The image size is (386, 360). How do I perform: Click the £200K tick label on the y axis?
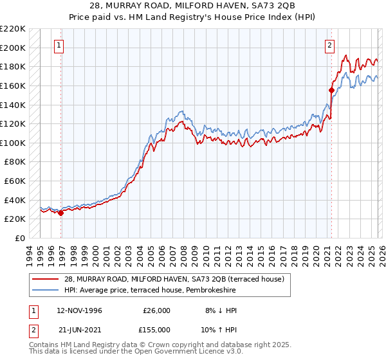pyautogui.click(x=13, y=48)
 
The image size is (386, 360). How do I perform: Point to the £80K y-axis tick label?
pyautogui.click(x=15, y=162)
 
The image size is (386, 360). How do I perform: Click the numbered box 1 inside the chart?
pyautogui.click(x=59, y=46)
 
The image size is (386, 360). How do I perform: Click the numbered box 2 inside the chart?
pyautogui.click(x=329, y=46)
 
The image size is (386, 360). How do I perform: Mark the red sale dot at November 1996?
pyautogui.click(x=61, y=213)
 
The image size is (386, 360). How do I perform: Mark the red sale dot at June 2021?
pyautogui.click(x=331, y=90)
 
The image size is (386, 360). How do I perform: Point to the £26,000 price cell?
pyautogui.click(x=157, y=310)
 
